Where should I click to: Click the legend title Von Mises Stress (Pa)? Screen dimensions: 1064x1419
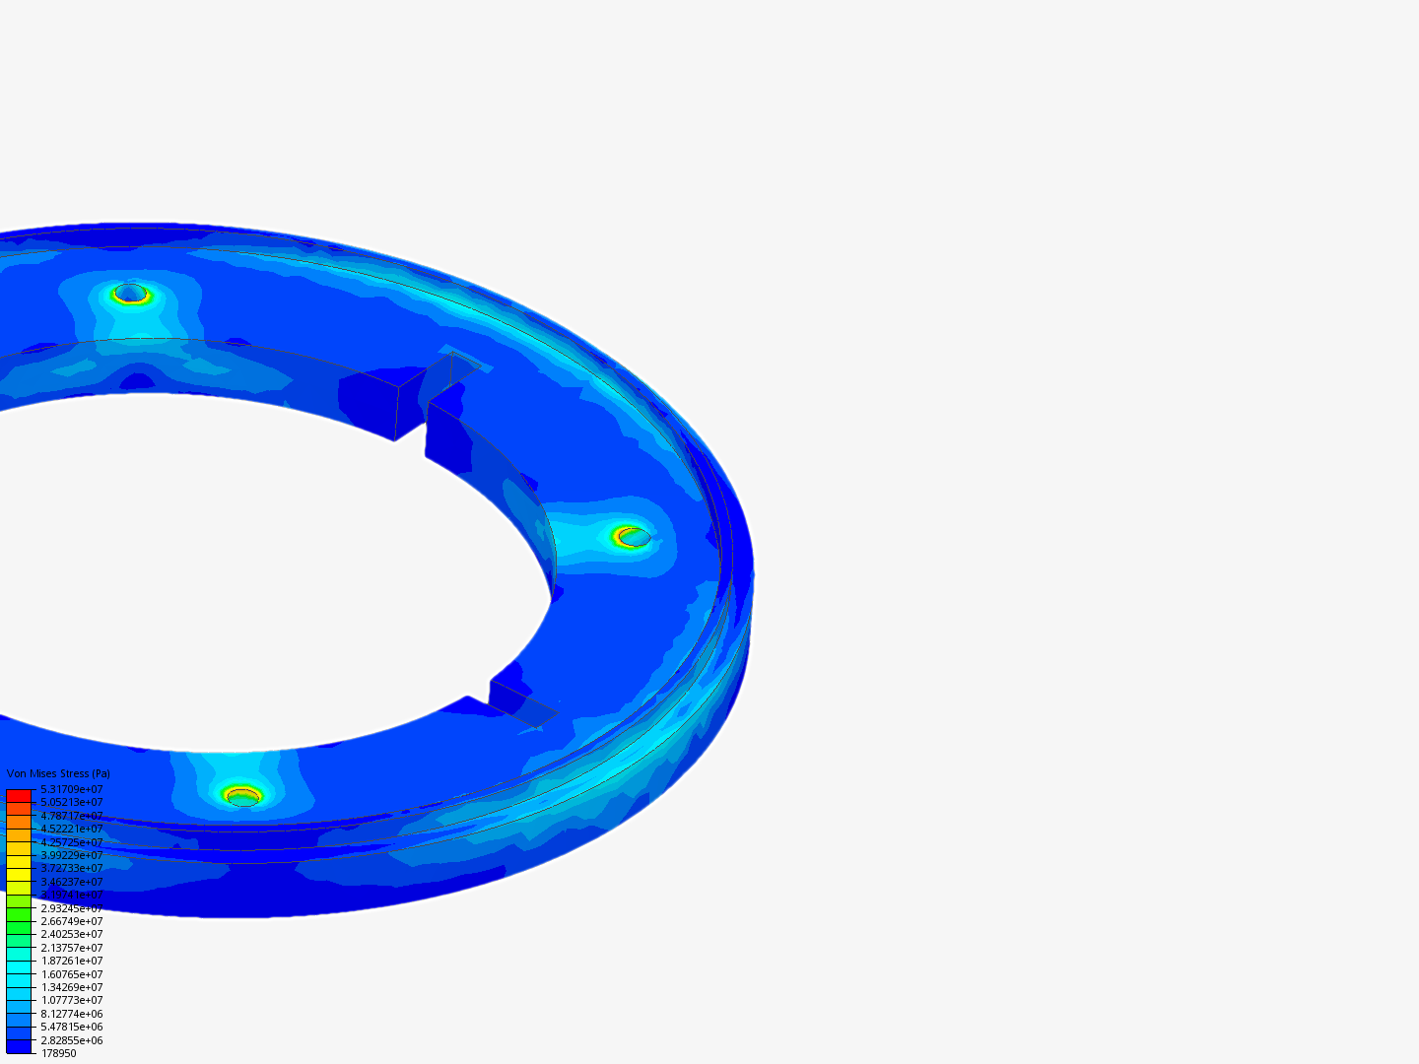58,774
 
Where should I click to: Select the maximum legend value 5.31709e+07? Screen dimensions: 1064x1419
71,789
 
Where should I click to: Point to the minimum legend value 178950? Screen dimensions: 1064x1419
58,1053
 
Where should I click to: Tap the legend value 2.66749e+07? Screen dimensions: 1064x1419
71,921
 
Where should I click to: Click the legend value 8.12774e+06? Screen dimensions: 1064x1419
71,1014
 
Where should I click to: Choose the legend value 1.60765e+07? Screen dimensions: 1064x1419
71,974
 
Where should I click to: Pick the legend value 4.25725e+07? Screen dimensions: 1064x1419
71,842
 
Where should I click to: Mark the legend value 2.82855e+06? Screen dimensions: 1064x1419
71,1040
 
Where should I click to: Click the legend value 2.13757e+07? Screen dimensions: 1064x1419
71,948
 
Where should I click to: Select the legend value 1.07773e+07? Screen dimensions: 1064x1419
71,1000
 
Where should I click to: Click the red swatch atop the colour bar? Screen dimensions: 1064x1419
19,795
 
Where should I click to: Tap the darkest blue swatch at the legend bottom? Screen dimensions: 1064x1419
19,1046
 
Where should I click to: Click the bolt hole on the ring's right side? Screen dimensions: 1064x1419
633,537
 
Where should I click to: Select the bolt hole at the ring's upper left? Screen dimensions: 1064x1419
130,294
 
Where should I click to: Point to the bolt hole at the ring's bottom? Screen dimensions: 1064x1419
242,796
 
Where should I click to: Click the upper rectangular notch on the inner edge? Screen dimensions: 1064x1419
434,384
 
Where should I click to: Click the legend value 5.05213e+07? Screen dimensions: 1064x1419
71,802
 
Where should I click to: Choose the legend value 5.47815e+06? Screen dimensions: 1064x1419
71,1027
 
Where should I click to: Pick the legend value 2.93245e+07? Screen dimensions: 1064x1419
71,908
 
